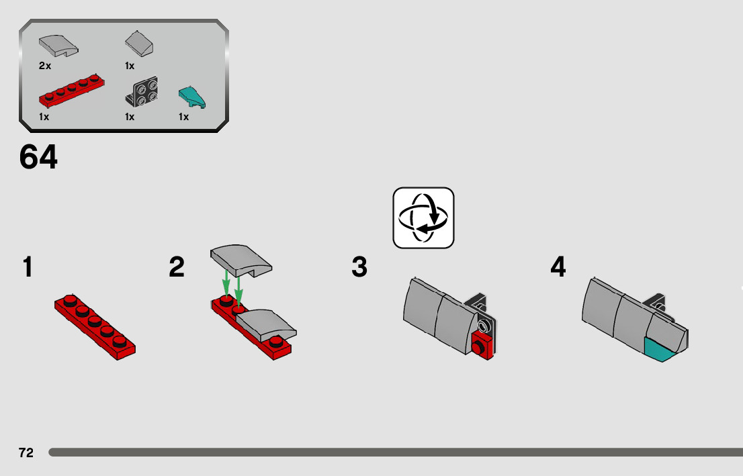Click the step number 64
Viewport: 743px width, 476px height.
pyautogui.click(x=38, y=158)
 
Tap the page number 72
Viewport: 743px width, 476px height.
pyautogui.click(x=26, y=453)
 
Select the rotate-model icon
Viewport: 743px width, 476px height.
pyautogui.click(x=423, y=218)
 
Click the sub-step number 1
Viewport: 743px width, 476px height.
pyautogui.click(x=27, y=267)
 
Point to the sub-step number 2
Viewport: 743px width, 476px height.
pyautogui.click(x=177, y=267)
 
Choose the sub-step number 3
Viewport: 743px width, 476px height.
pyautogui.click(x=359, y=267)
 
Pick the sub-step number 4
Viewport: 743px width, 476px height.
pyautogui.click(x=558, y=267)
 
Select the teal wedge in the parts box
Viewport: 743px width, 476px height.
pyautogui.click(x=193, y=97)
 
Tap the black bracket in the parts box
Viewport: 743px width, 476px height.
pyautogui.click(x=142, y=92)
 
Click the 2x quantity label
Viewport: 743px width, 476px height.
pyautogui.click(x=45, y=66)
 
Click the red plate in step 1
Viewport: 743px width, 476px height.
pyautogui.click(x=95, y=327)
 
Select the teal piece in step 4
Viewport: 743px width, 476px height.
pyautogui.click(x=660, y=350)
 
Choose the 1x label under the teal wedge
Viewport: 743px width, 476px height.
pyautogui.click(x=183, y=117)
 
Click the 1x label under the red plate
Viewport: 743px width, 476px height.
pyautogui.click(x=44, y=117)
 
